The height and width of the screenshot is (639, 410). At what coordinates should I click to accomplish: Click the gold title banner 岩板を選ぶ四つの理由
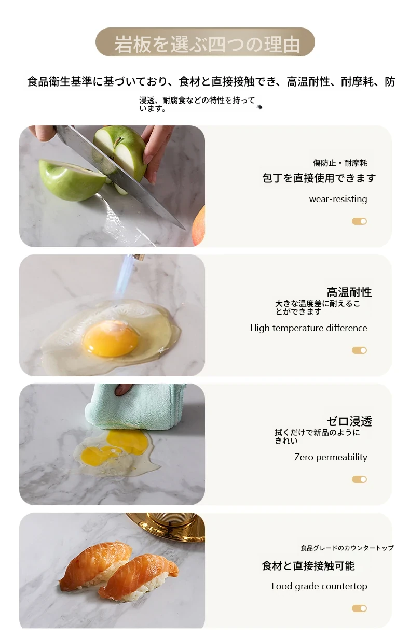(205, 42)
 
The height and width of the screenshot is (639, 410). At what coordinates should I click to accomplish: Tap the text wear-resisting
(338, 199)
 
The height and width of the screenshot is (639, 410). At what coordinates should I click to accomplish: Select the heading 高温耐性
(349, 292)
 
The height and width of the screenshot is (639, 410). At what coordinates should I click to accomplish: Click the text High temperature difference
(309, 328)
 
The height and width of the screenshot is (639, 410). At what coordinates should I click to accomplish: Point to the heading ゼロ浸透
(349, 421)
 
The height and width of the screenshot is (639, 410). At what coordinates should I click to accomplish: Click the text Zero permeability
(331, 457)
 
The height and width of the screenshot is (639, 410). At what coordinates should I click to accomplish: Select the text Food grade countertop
(319, 586)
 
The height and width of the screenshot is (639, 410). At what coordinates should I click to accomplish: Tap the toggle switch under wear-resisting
(360, 221)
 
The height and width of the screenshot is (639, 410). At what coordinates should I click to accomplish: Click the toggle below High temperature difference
(360, 350)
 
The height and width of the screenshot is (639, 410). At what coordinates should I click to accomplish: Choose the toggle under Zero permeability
(360, 479)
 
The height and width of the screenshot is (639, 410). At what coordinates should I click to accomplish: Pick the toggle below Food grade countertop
(360, 608)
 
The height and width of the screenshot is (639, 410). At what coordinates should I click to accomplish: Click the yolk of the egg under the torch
(110, 338)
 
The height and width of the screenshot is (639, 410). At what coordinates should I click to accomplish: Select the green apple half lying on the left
(72, 180)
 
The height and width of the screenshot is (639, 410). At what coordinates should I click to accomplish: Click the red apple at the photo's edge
(199, 225)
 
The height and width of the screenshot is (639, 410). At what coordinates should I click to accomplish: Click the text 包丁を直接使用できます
(319, 178)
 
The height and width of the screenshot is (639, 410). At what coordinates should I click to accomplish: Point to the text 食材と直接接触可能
(308, 565)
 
